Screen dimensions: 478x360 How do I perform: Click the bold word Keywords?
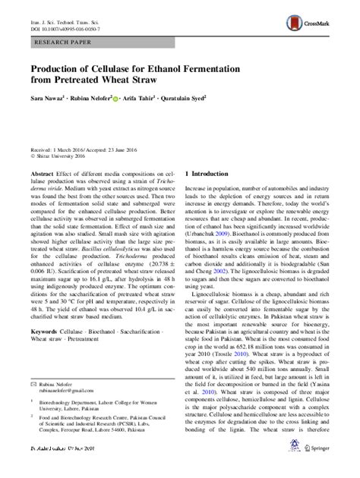(43, 355)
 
